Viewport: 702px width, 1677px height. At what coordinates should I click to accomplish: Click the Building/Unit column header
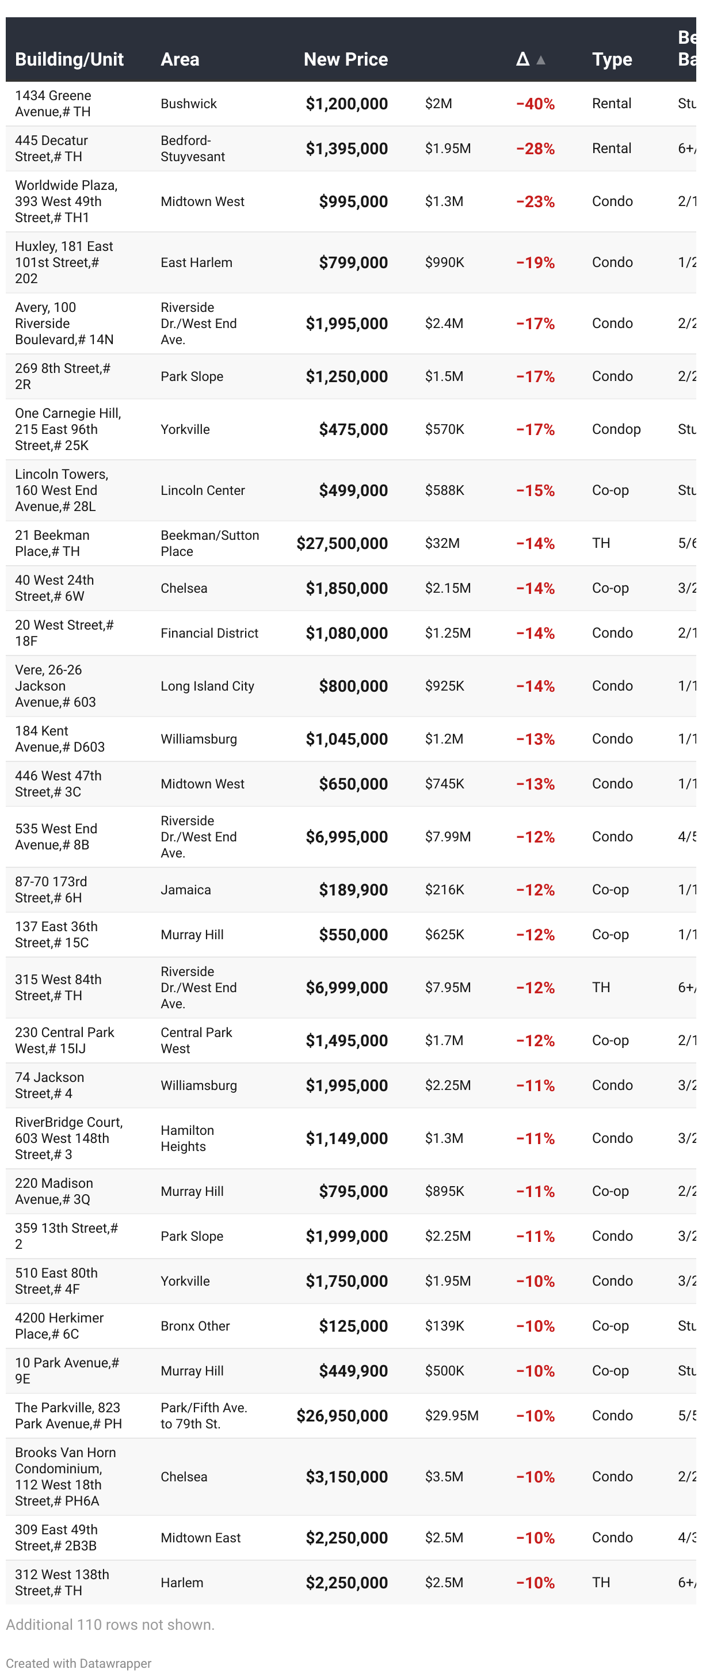pyautogui.click(x=69, y=59)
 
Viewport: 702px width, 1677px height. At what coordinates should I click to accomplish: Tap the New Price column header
pyautogui.click(x=345, y=59)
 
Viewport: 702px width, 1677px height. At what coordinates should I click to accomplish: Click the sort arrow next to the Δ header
pyautogui.click(x=540, y=60)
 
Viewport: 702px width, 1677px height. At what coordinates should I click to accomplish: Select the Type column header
pyautogui.click(x=612, y=59)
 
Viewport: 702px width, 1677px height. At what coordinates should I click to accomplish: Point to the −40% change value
pyautogui.click(x=535, y=104)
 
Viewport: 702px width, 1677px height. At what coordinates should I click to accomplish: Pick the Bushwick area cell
pyautogui.click(x=188, y=104)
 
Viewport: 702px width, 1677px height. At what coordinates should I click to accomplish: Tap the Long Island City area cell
pyautogui.click(x=207, y=686)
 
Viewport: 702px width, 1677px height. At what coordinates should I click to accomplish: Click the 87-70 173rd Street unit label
pyautogui.click(x=51, y=890)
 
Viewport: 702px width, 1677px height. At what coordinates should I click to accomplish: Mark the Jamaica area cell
pyautogui.click(x=186, y=890)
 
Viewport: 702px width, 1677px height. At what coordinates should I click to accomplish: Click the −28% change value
pyautogui.click(x=535, y=149)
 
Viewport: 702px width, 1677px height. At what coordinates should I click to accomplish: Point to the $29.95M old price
pyautogui.click(x=451, y=1416)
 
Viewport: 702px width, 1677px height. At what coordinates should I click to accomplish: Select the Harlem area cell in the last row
pyautogui.click(x=182, y=1583)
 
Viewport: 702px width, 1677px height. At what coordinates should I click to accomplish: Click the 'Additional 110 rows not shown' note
pyautogui.click(x=110, y=1625)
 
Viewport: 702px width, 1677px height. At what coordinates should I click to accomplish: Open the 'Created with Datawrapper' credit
pyautogui.click(x=78, y=1663)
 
